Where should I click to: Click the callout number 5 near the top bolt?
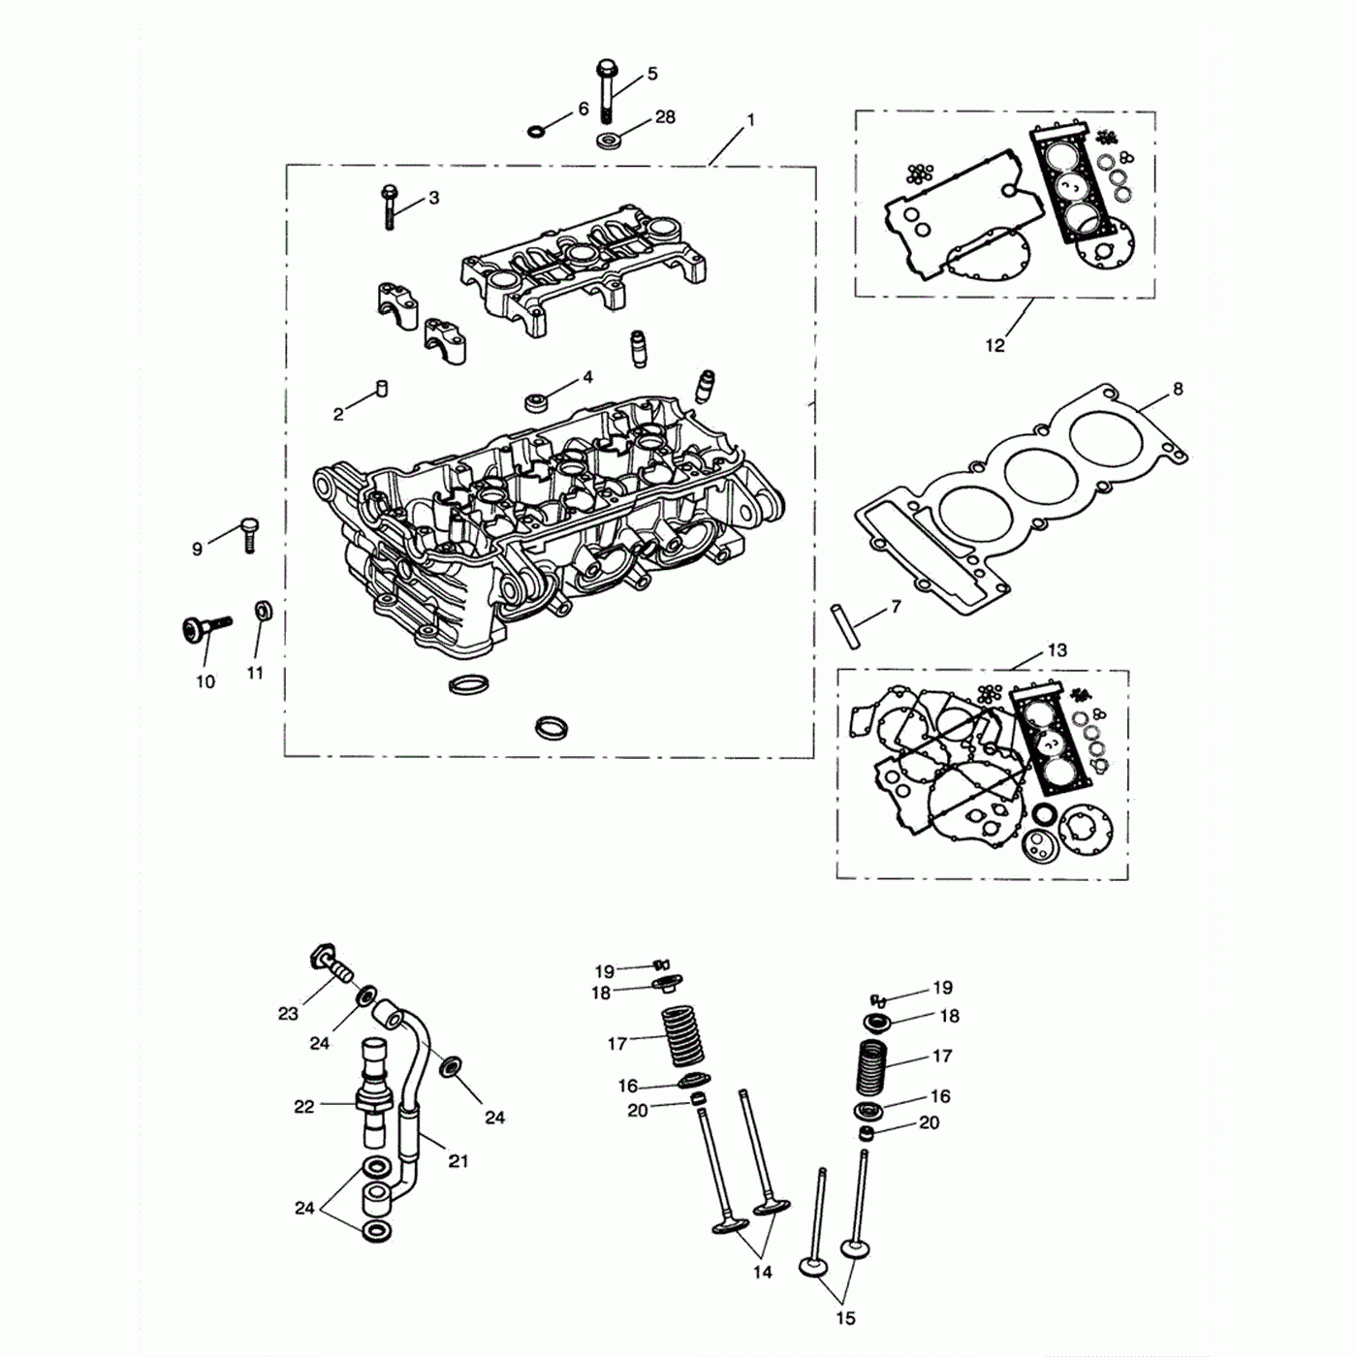point(652,74)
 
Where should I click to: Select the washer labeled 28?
point(609,141)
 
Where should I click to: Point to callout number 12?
point(995,345)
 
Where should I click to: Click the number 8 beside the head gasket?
point(1178,390)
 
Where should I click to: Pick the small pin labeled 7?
point(841,627)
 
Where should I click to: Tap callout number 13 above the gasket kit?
point(1057,650)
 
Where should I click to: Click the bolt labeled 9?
point(249,533)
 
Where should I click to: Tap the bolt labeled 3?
point(390,205)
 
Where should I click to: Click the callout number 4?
point(587,378)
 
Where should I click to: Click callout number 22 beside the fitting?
point(304,1106)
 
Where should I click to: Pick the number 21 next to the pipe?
point(458,1160)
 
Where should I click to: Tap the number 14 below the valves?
point(763,1272)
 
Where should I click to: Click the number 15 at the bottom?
point(845,1317)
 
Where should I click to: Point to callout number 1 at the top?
point(750,121)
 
